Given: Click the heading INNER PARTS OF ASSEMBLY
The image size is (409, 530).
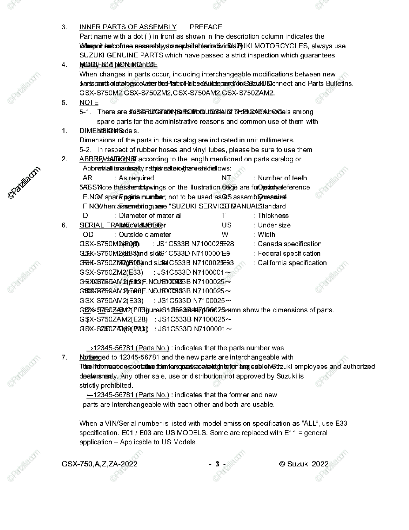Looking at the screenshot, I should tap(128, 27).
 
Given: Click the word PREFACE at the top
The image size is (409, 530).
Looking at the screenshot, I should tap(206, 27).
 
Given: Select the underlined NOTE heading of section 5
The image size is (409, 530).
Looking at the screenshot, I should tap(89, 102).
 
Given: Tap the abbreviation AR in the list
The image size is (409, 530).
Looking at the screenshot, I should tap(87, 178).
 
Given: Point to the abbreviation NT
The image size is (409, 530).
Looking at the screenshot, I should tap(226, 178).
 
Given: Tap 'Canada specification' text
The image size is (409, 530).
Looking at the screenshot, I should tap(289, 244).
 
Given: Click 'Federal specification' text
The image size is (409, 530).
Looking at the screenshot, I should tap(289, 254).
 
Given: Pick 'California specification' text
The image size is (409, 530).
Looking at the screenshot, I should tap(292, 263).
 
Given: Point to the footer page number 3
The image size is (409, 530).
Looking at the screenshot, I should tap(217, 464).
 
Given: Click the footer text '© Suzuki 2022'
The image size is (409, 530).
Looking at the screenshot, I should tap(304, 464).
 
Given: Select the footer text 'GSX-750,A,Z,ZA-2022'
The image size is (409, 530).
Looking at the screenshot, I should tap(100, 464).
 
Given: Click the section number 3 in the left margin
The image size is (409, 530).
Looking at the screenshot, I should tap(64, 27).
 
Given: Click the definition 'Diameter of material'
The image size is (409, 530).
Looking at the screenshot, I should tap(150, 216).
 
